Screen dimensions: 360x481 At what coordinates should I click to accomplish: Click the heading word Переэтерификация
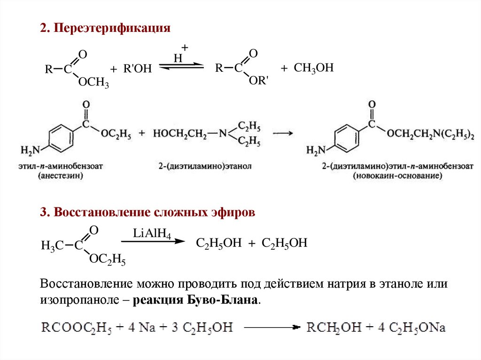[x=112, y=29]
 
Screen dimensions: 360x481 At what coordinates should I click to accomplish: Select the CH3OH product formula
[x=313, y=69]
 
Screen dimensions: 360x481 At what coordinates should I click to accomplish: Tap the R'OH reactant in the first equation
[x=137, y=69]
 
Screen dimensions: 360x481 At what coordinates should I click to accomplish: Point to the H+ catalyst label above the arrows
[x=180, y=54]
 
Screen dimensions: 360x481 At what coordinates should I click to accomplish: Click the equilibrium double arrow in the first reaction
[x=181, y=67]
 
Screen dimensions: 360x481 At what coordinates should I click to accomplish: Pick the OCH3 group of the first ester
[x=93, y=84]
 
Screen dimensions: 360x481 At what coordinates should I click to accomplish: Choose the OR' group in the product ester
[x=258, y=81]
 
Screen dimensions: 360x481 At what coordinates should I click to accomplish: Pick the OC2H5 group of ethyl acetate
[x=107, y=259]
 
